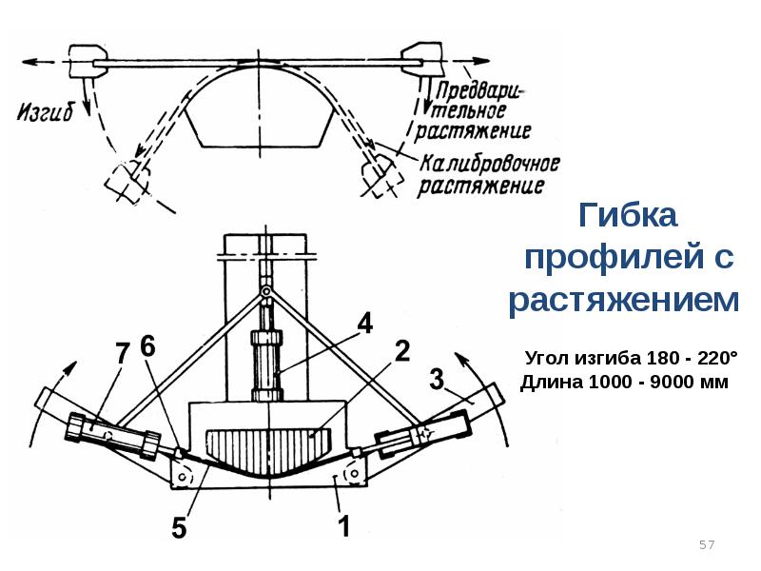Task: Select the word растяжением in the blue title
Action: click(624, 301)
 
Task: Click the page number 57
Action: click(707, 545)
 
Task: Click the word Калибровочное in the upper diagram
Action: click(490, 164)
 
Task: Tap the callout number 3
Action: click(437, 381)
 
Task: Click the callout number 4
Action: click(364, 322)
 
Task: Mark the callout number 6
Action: click(148, 348)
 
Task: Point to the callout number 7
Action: click(121, 353)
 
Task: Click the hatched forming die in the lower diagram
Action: click(268, 448)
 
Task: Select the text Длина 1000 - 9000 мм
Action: click(623, 384)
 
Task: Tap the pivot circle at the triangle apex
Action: click(267, 290)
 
